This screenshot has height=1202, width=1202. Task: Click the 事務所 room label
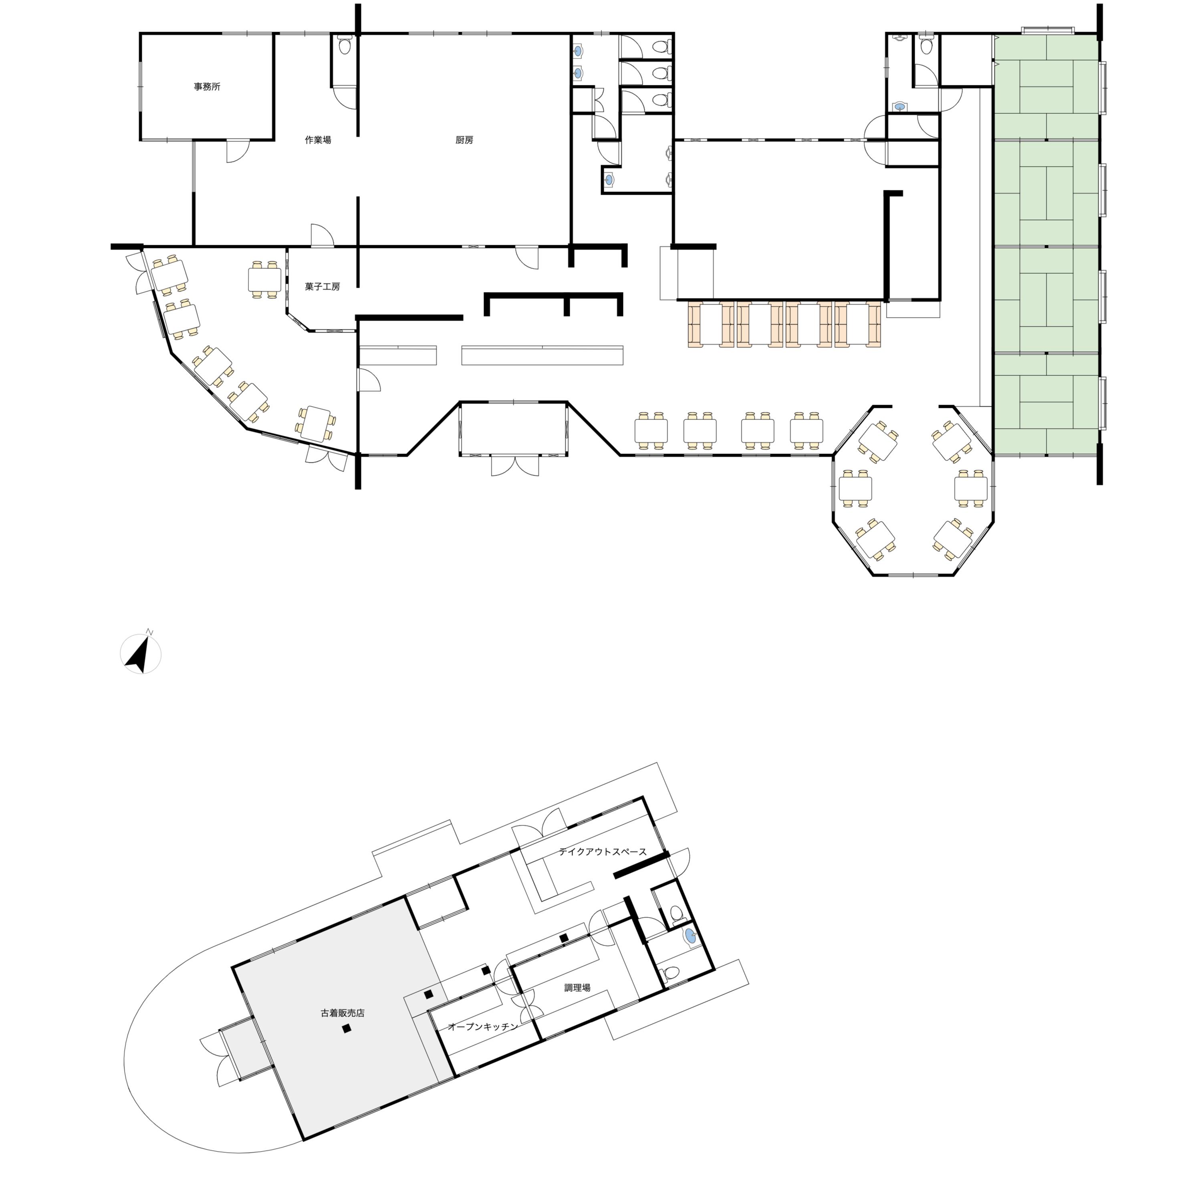pyautogui.click(x=207, y=87)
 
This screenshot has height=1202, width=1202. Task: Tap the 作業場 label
pyautogui.click(x=318, y=140)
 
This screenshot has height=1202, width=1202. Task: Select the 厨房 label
pyautogui.click(x=464, y=140)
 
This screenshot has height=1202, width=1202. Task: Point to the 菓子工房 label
pyautogui.click(x=322, y=287)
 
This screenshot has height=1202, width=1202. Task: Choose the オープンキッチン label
pyautogui.click(x=483, y=1027)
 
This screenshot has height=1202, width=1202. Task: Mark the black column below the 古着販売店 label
pyautogui.click(x=347, y=1029)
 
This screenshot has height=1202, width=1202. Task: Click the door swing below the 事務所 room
pyautogui.click(x=238, y=151)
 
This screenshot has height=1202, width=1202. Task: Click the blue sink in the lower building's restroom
pyautogui.click(x=690, y=936)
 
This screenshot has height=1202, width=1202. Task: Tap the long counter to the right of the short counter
pyautogui.click(x=542, y=355)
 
